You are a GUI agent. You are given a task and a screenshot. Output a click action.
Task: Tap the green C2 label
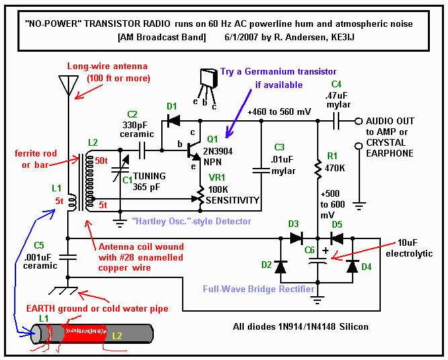[132, 114]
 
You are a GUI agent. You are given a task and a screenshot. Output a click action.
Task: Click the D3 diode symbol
[296, 238]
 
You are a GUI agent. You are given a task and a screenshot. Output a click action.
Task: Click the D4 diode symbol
[352, 267]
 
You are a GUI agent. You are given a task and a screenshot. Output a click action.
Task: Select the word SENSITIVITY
[233, 200]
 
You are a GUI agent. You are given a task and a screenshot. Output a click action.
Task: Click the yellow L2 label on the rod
[117, 335]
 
